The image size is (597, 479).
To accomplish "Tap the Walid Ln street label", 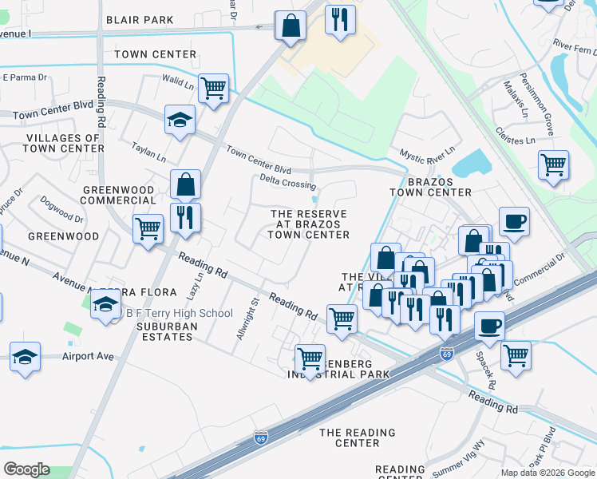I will coord(178,81).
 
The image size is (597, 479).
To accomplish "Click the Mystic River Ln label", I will coord(427,150).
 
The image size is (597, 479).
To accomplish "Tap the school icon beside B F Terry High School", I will coord(106,306).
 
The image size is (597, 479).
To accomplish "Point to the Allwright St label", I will coord(247,320).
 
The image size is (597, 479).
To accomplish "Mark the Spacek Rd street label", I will coord(485,371).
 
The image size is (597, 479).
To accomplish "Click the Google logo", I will coord(26,469).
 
